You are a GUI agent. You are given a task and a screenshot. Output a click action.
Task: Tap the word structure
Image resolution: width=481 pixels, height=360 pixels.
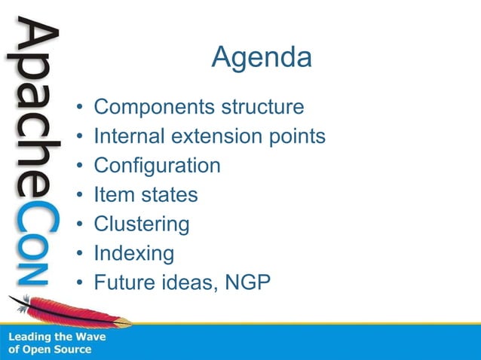[x=262, y=107]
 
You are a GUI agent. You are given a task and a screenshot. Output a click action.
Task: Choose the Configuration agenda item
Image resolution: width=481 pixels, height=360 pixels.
[x=157, y=166]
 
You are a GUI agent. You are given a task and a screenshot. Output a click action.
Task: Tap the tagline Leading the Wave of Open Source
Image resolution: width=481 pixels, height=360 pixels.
[x=57, y=343]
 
